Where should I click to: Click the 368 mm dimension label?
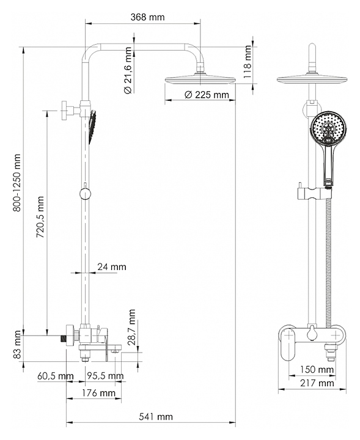click(x=147, y=17)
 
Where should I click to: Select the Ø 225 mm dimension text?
click(x=207, y=95)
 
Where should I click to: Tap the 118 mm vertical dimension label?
click(x=247, y=62)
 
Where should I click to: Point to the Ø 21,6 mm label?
click(x=127, y=70)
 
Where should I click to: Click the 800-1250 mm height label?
click(x=17, y=183)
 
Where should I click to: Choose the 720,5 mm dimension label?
click(x=40, y=217)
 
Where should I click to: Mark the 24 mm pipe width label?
click(x=112, y=266)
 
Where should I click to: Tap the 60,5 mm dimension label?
click(x=56, y=376)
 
